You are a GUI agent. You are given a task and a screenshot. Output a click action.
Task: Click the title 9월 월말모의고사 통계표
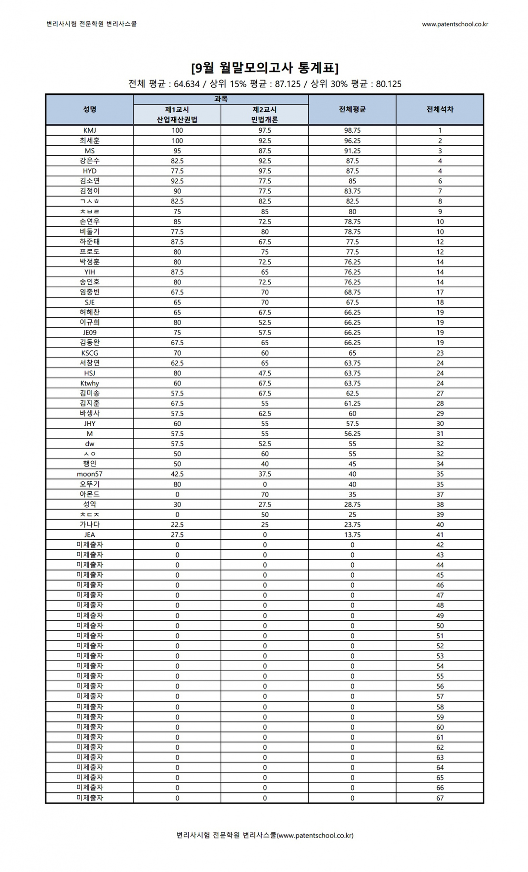point(264,68)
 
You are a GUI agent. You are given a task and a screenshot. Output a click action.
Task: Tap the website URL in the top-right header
point(455,24)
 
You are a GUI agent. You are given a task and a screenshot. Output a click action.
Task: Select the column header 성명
point(90,109)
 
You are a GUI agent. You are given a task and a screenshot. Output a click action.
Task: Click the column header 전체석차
point(440,109)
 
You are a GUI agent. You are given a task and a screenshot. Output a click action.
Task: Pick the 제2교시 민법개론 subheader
point(264,115)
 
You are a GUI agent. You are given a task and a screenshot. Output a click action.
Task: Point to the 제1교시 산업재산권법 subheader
point(177,115)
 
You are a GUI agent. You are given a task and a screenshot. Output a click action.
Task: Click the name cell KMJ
point(90,130)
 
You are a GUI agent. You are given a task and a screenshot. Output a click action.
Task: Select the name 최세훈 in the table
point(90,140)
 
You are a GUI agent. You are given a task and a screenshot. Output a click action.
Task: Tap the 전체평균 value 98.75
point(352,130)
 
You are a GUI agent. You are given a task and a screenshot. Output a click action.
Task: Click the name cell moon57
point(90,474)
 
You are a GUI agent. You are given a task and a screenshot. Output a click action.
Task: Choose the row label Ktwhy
point(90,383)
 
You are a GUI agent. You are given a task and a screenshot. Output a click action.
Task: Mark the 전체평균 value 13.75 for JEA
point(352,535)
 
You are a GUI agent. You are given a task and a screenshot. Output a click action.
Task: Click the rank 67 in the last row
point(440,798)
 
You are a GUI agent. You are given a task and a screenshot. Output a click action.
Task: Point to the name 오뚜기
point(90,484)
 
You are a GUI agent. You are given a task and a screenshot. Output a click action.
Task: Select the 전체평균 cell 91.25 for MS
point(352,151)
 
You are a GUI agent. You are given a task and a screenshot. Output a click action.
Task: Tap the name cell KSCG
point(90,353)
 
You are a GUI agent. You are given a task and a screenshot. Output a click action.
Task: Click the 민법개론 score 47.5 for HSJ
point(264,373)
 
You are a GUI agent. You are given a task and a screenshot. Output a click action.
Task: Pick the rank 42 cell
point(440,545)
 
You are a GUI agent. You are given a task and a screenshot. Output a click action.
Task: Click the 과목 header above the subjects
point(221,99)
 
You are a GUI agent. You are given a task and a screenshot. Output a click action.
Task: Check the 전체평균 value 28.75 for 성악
point(352,504)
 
